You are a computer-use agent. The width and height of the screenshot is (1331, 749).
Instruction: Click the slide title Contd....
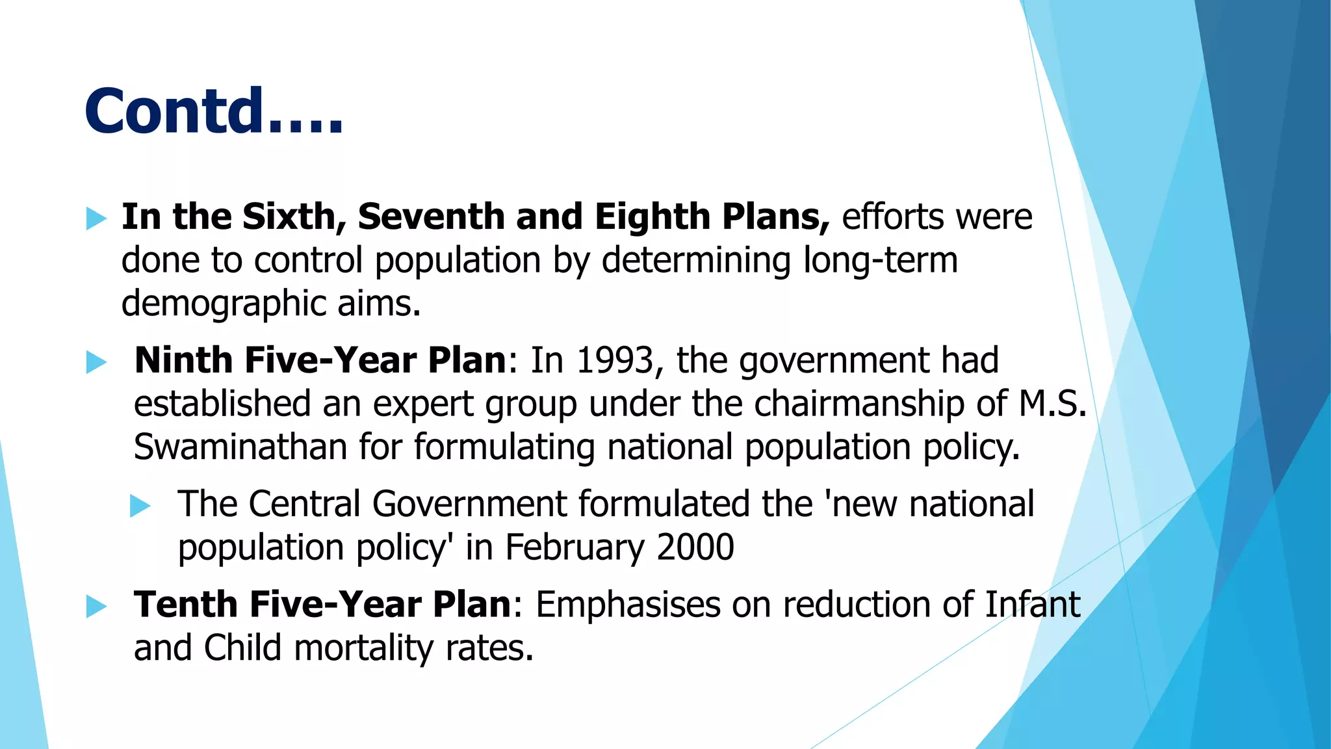coord(213,112)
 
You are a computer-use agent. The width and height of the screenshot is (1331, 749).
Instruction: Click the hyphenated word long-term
coord(881,261)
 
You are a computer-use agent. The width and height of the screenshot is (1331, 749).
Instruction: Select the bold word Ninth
coord(183,360)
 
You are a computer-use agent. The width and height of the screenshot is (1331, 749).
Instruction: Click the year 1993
coord(615,361)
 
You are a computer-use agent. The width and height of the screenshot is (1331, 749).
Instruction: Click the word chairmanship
coord(859,404)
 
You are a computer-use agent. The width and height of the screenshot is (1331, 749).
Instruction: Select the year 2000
coord(695,547)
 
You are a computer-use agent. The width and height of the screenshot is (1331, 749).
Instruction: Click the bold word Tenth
coord(185,605)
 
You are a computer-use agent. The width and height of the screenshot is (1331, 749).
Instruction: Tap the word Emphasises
coord(628,605)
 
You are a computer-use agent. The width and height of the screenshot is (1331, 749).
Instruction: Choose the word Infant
coord(1033,605)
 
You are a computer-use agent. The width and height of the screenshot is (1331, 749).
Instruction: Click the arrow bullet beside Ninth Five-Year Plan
coord(96,362)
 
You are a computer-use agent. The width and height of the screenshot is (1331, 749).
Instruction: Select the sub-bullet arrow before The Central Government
coord(140,506)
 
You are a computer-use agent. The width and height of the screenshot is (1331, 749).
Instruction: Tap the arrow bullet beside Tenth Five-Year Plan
coord(96,607)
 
